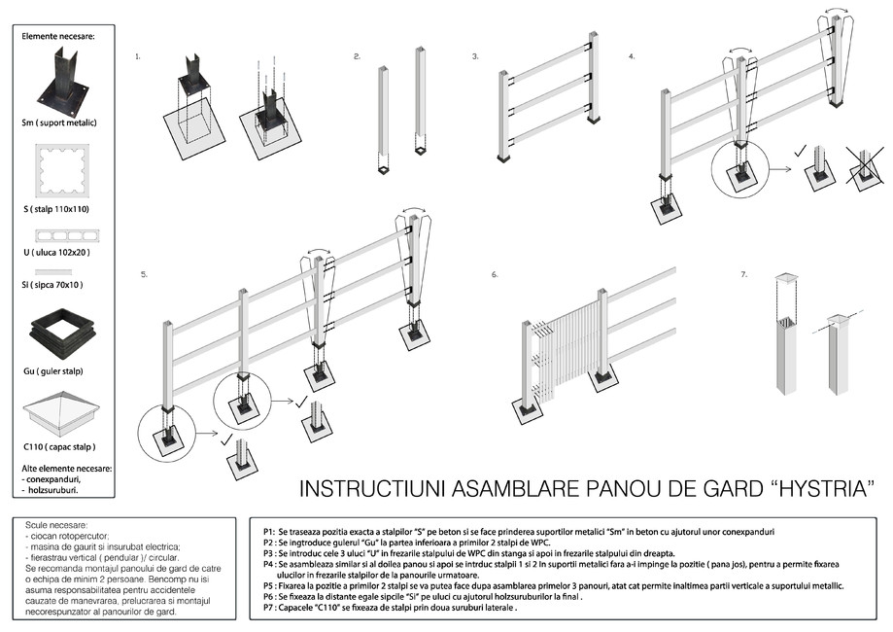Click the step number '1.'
138,56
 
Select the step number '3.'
475,56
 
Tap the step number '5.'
144,275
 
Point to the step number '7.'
743,275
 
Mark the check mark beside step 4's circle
800,153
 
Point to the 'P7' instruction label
268,608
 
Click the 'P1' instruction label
268,533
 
